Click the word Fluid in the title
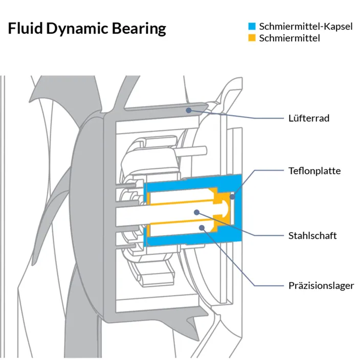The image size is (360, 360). [x=26, y=28]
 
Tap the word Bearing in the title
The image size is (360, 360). [x=139, y=29]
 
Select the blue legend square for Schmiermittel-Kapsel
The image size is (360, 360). [x=252, y=26]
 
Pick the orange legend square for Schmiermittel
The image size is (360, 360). [x=252, y=38]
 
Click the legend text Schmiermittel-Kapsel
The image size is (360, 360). [x=306, y=27]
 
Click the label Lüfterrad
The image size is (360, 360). [x=309, y=118]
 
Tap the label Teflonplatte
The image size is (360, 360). [x=314, y=171]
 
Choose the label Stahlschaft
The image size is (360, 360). [x=312, y=236]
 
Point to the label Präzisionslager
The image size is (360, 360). [x=321, y=286]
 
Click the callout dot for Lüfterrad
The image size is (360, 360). [x=189, y=110]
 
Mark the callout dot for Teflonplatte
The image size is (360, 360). [x=233, y=197]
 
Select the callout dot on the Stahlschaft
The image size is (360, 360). [x=197, y=212]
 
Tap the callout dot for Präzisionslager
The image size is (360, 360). [x=202, y=228]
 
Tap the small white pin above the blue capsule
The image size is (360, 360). [x=192, y=151]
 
